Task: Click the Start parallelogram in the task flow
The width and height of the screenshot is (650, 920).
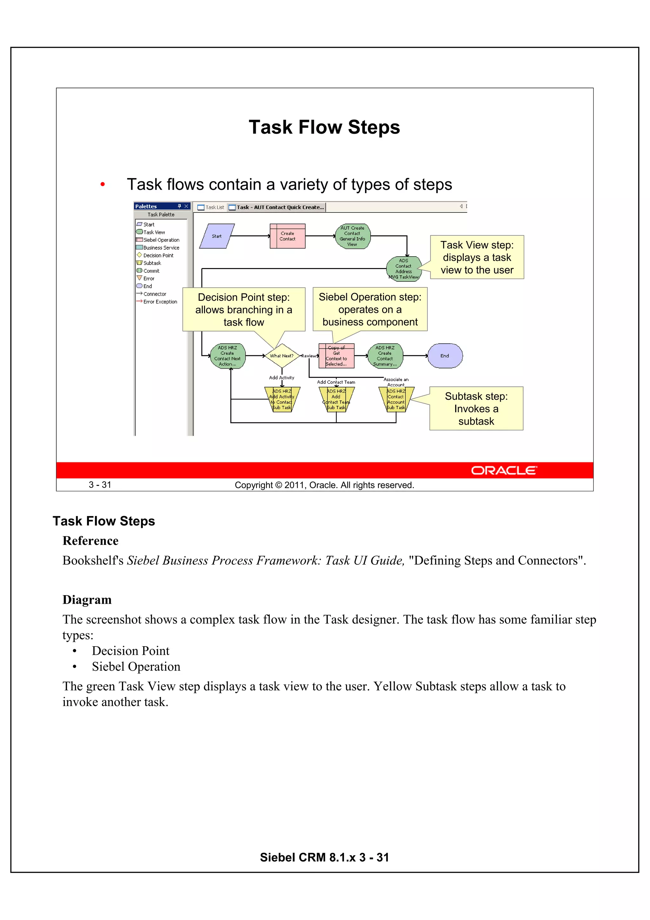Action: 217,236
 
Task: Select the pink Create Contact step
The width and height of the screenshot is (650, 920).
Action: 287,236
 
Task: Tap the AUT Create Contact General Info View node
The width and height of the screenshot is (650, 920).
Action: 352,236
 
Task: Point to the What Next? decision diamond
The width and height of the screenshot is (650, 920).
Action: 282,356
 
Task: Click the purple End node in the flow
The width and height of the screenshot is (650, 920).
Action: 445,356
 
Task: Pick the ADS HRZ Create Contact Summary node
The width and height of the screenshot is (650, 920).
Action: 385,356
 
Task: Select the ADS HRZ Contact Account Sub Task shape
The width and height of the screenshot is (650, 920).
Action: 396,400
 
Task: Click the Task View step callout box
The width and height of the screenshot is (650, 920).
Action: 477,257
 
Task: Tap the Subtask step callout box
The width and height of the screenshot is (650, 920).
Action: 476,408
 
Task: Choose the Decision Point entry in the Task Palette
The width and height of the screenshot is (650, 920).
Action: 158,255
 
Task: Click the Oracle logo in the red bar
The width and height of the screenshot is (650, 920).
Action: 503,470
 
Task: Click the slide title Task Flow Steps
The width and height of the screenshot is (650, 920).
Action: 324,127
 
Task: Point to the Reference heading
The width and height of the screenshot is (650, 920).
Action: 90,541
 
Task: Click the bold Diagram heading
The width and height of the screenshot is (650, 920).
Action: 87,600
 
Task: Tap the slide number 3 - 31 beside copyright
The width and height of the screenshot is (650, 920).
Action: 100,485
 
